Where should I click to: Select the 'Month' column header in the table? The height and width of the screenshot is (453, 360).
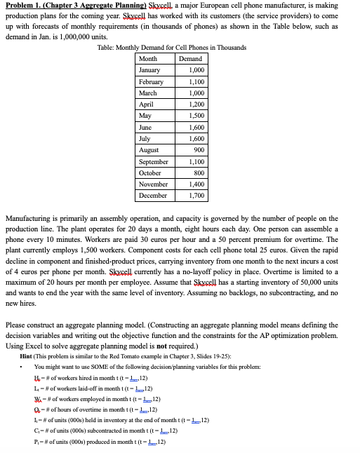coord(148,59)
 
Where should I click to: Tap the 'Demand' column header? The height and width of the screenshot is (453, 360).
coord(190,59)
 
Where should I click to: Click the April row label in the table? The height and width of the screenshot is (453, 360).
coord(147,104)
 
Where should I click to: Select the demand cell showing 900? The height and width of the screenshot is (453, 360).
coord(197,150)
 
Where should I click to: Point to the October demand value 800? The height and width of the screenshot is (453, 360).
coord(197,173)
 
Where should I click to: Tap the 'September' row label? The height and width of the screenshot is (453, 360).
coord(154,161)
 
